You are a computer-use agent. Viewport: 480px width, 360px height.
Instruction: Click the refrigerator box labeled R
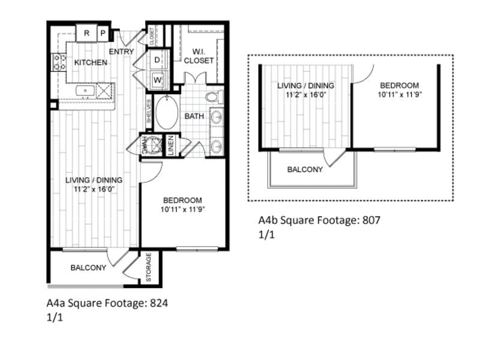pyautogui.click(x=86, y=34)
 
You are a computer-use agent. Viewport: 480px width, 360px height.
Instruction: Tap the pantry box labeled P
pyautogui.click(x=103, y=34)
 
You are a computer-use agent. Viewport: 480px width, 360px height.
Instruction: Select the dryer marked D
pyautogui.click(x=157, y=60)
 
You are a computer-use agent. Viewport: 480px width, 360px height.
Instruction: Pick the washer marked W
pyautogui.click(x=157, y=79)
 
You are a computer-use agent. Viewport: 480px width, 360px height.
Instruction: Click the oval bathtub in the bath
pyautogui.click(x=167, y=113)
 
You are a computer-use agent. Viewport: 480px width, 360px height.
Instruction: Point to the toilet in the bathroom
pyautogui.click(x=213, y=97)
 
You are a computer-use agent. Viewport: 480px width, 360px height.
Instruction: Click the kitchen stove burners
pyautogui.click(x=59, y=62)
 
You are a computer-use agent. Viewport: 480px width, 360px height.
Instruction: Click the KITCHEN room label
pyautogui.click(x=91, y=62)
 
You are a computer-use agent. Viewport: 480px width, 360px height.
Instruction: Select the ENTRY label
pyautogui.click(x=121, y=52)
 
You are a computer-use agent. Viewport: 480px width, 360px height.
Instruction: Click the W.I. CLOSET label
pyautogui.click(x=199, y=56)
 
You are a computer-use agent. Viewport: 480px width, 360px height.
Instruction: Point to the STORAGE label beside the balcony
pyautogui.click(x=149, y=267)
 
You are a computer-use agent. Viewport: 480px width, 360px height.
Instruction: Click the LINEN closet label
pyautogui.click(x=171, y=146)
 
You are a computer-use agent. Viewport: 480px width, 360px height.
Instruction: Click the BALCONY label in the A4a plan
pyautogui.click(x=88, y=268)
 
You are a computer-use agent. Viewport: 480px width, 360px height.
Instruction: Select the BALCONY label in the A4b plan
pyautogui.click(x=305, y=170)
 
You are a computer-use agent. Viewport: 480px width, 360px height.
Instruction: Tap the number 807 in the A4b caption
pyautogui.click(x=371, y=220)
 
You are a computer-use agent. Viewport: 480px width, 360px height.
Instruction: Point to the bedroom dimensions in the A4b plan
pyautogui.click(x=398, y=95)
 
